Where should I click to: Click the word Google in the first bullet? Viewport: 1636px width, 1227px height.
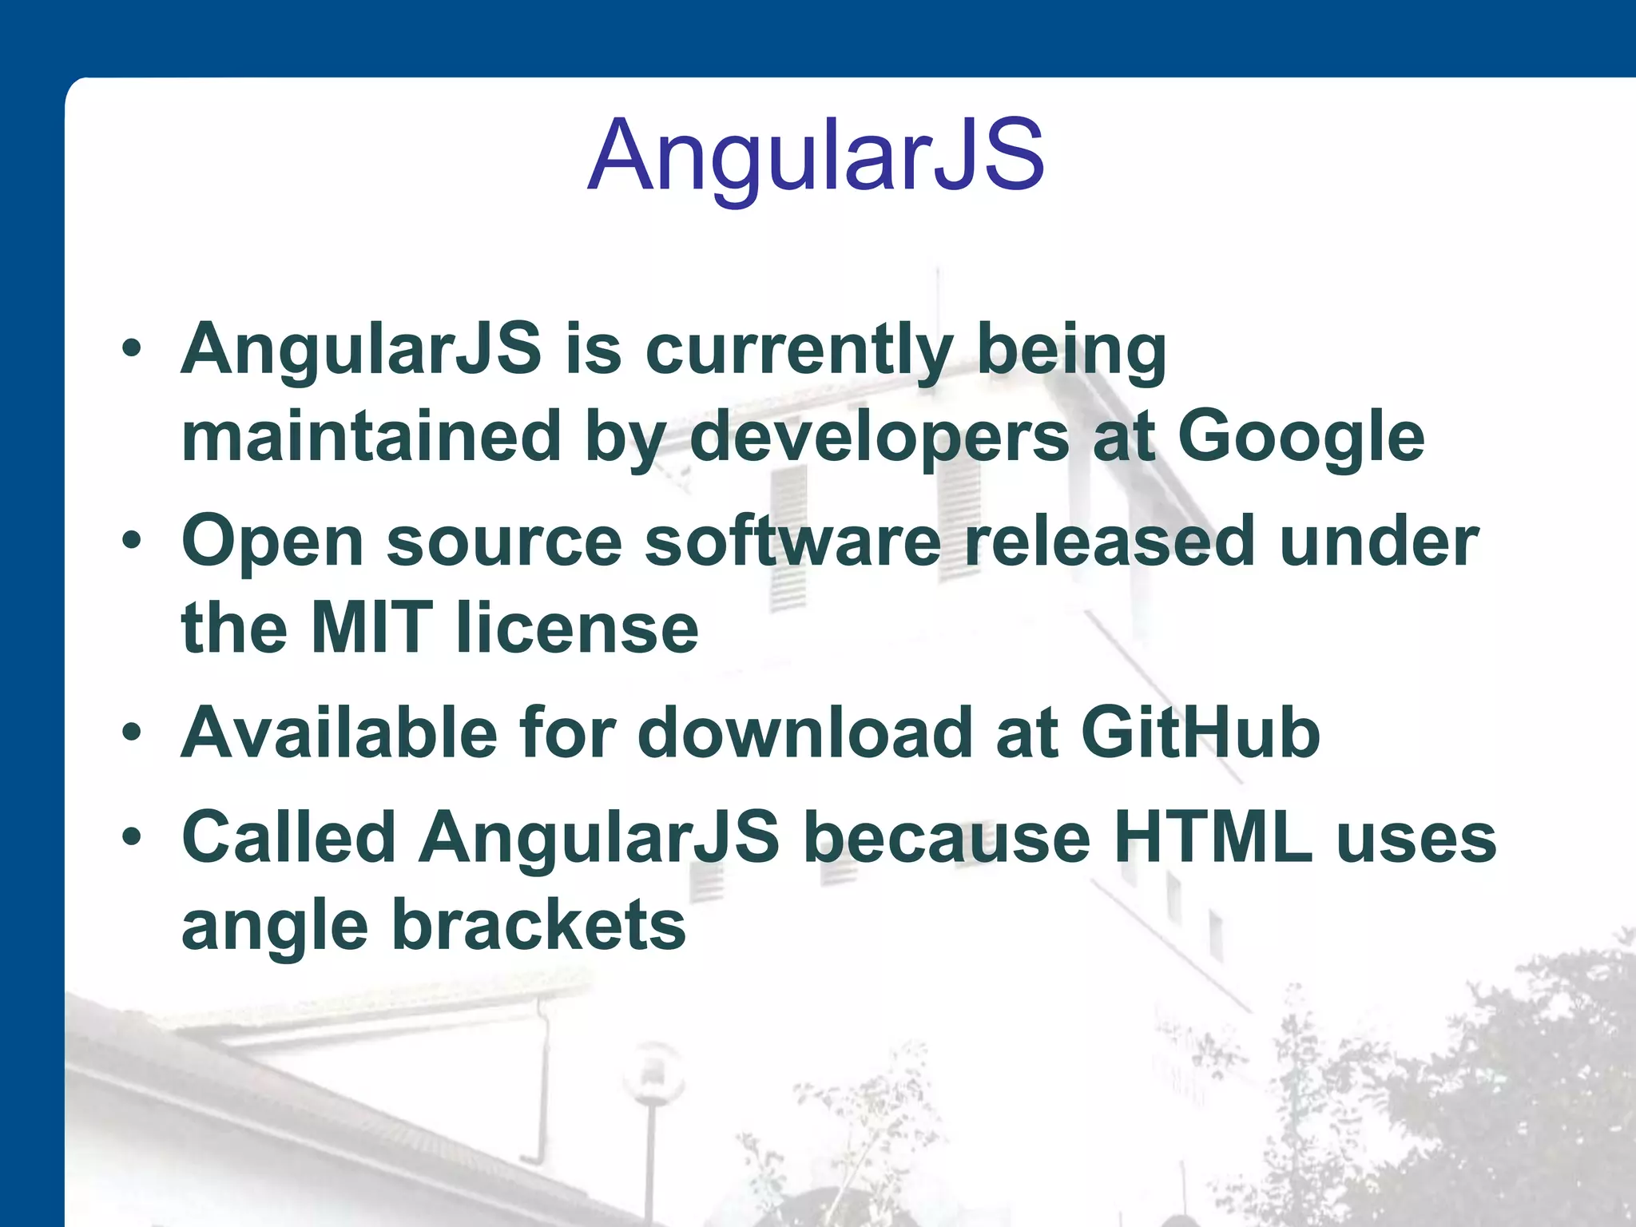(1300, 437)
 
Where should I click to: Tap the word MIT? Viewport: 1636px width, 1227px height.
(372, 628)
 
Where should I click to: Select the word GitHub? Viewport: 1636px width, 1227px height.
(1200, 733)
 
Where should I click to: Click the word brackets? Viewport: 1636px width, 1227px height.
(539, 924)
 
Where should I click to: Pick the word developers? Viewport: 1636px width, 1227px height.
(879, 437)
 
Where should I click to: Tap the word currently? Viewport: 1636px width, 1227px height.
(799, 350)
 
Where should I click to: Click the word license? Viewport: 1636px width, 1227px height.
(577, 628)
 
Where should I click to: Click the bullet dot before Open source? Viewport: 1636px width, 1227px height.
(132, 541)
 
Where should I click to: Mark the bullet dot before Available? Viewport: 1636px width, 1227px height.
(132, 732)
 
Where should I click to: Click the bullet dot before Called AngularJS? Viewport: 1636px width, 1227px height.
(132, 836)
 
